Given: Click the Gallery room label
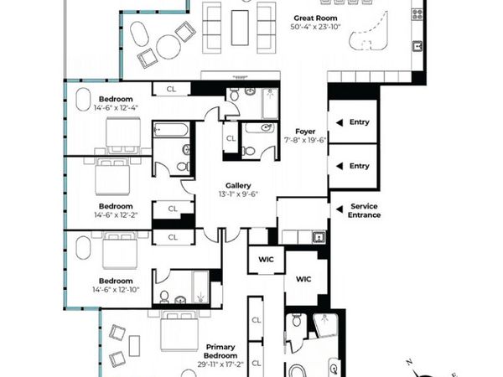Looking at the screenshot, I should [x=239, y=185].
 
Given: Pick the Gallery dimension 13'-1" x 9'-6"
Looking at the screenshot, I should [x=239, y=194].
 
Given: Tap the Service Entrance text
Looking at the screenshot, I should [x=366, y=210].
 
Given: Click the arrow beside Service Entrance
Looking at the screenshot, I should [x=337, y=208].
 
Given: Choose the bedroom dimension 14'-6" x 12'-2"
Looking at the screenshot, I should [x=115, y=215].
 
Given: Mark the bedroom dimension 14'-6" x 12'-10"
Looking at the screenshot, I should [x=116, y=290].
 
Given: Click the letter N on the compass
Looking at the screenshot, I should [x=408, y=361].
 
